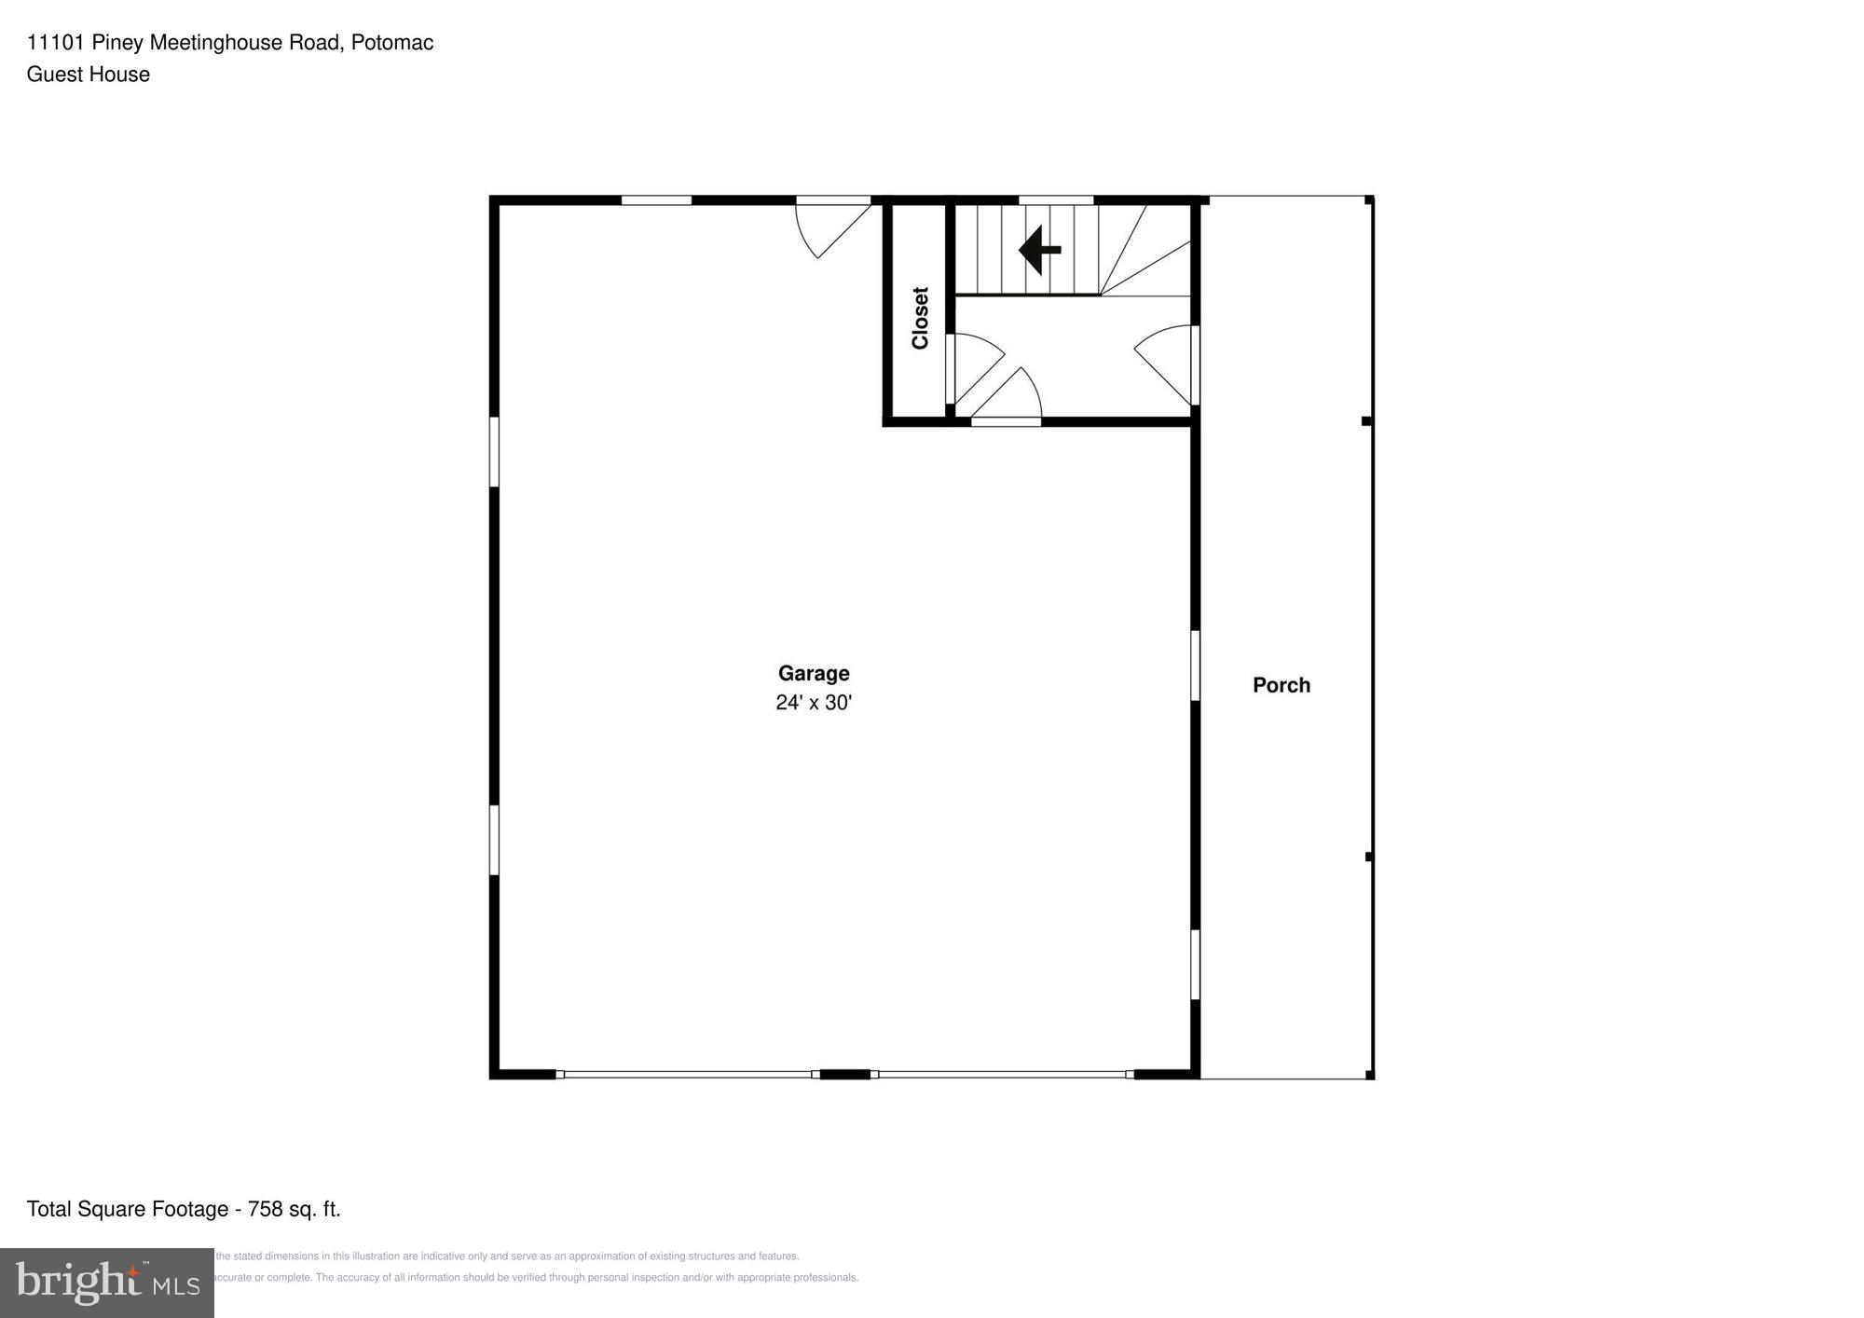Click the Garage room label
(x=814, y=673)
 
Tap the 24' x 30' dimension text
(x=814, y=703)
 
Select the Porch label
(x=1281, y=685)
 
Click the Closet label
(x=920, y=318)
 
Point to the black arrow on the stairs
(x=1039, y=250)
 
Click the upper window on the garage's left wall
(x=494, y=451)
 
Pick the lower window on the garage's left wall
(x=494, y=840)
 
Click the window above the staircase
(x=1055, y=199)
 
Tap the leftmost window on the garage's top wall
(x=656, y=199)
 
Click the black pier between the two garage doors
(x=844, y=1075)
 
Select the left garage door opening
(x=688, y=1075)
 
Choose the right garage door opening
(x=1002, y=1075)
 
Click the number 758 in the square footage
(x=266, y=1209)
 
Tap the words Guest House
(x=89, y=75)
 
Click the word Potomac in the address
(x=392, y=43)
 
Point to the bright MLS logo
(x=107, y=1283)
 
